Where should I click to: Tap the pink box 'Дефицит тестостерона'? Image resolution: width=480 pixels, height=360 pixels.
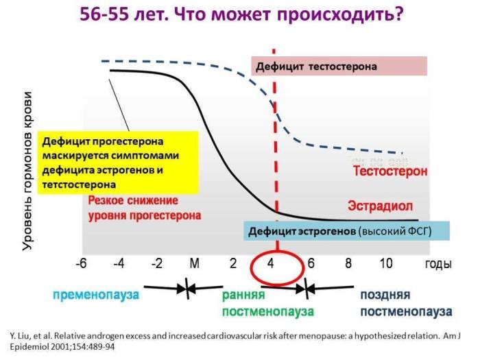(339, 67)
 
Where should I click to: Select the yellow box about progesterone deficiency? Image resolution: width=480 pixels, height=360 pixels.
(117, 163)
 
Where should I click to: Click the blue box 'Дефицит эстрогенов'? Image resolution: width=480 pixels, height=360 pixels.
(346, 231)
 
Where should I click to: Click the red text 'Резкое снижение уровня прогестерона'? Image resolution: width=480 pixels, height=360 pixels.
(145, 208)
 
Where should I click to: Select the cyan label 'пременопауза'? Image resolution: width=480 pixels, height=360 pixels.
(95, 296)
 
